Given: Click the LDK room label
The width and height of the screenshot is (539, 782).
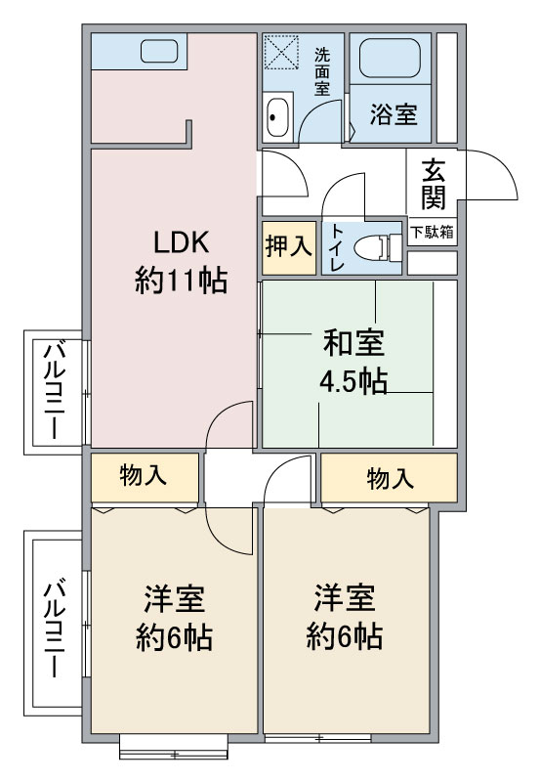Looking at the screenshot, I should pyautogui.click(x=180, y=242).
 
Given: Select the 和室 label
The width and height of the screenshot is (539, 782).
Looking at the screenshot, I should pyautogui.click(x=353, y=343).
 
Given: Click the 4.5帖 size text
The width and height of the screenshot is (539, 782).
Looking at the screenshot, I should pyautogui.click(x=353, y=381).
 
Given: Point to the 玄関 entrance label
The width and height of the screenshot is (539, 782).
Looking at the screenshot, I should pyautogui.click(x=434, y=185).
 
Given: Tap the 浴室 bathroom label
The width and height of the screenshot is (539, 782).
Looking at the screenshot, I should pyautogui.click(x=393, y=114).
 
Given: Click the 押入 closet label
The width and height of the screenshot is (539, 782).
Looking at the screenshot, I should pyautogui.click(x=288, y=246).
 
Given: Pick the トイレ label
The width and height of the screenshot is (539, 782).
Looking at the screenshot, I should pyautogui.click(x=336, y=245).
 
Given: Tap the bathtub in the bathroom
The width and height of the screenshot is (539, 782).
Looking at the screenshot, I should pyautogui.click(x=391, y=60).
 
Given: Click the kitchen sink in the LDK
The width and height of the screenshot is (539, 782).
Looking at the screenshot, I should pyautogui.click(x=155, y=51).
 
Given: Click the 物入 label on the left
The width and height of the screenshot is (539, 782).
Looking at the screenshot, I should pyautogui.click(x=144, y=476).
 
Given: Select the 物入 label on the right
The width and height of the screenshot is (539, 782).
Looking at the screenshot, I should pyautogui.click(x=390, y=478).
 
